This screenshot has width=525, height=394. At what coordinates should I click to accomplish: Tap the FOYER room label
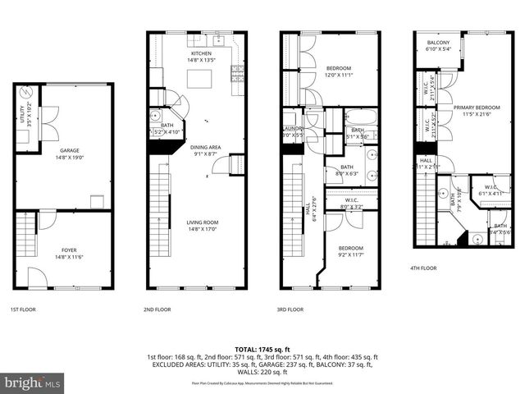pos(68,250)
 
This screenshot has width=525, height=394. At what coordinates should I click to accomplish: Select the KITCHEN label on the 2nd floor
pos(202,53)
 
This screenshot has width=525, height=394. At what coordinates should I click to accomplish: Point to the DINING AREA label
pos(206,147)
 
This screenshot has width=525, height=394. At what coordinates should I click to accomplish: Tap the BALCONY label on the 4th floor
pos(438,43)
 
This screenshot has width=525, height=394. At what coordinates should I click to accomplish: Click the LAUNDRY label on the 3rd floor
pos(293,129)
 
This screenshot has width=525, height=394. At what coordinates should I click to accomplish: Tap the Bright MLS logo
pos(33,383)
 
